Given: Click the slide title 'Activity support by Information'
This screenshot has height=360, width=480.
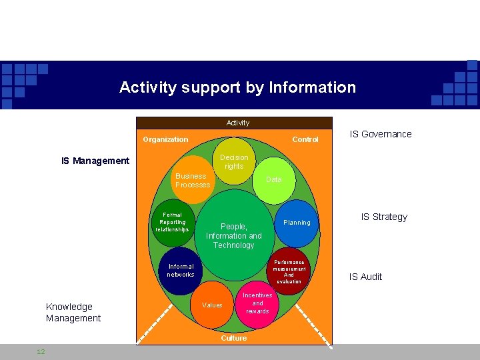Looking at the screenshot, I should [x=237, y=87].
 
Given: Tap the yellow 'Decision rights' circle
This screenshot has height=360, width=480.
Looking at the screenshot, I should [x=233, y=160].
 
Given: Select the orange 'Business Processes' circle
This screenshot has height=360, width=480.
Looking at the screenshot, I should [x=192, y=180].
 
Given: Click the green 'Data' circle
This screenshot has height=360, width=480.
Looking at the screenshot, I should [x=273, y=179].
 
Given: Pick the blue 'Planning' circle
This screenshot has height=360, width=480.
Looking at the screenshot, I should [x=297, y=222].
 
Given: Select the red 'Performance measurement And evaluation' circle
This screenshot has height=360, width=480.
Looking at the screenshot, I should [x=289, y=271].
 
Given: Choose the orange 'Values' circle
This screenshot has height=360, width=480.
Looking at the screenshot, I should [x=212, y=305].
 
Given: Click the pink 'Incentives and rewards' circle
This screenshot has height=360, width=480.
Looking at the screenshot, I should [x=257, y=304].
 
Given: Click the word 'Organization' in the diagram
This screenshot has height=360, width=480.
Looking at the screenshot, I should [x=165, y=139].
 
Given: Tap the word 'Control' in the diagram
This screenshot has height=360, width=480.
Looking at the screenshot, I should [x=305, y=139].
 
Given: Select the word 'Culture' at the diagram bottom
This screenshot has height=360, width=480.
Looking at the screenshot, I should [x=233, y=338].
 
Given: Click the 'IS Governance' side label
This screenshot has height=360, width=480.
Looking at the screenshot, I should [x=381, y=134].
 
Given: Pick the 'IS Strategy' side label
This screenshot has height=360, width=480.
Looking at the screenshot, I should [x=384, y=217].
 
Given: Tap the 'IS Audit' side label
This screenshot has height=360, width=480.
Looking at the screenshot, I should [x=366, y=277].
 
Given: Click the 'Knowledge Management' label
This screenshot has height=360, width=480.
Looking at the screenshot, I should [x=73, y=312].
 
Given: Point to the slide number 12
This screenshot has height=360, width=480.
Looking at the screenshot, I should [x=41, y=351].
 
